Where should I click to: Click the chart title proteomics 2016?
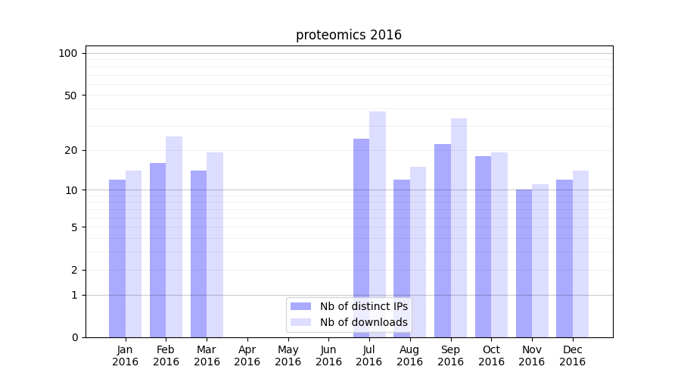349,35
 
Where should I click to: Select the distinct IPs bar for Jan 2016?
117,258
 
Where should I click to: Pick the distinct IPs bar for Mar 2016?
198,253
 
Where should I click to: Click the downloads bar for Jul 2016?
378,224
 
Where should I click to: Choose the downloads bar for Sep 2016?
459,227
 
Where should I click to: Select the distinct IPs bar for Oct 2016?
483,246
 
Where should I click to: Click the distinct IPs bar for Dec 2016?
564,258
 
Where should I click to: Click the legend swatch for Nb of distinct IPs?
300,306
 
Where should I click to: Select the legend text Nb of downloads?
364,322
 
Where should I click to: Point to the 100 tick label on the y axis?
68,53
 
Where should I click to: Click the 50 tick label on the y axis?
71,96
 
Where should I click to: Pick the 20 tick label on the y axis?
71,150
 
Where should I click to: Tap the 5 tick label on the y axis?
74,227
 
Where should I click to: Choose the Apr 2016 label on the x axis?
247,356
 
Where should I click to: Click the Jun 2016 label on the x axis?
328,356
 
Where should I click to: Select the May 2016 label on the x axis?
288,356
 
